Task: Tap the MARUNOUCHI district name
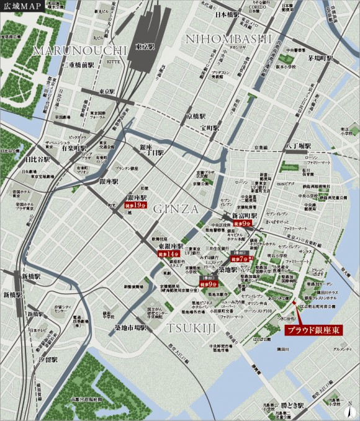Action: [x=80, y=50]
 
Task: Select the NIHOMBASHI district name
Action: [x=229, y=39]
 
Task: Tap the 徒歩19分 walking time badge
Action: [x=135, y=205]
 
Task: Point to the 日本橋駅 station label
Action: [x=228, y=14]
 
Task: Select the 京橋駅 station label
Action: [x=196, y=116]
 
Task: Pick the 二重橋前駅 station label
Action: [x=78, y=64]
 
